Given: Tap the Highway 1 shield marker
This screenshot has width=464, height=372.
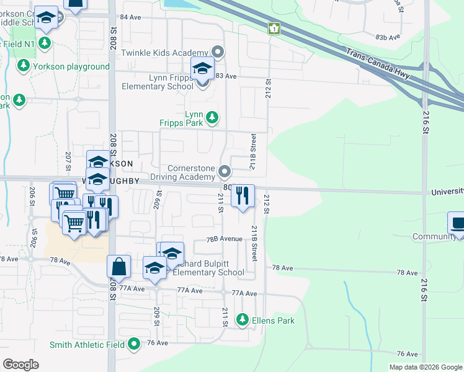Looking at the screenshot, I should [x=274, y=29].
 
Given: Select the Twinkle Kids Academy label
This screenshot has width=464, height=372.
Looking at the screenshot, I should [x=164, y=52].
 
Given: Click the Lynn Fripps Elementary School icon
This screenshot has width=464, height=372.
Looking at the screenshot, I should [x=202, y=69].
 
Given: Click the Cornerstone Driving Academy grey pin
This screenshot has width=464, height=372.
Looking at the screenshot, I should [x=225, y=171].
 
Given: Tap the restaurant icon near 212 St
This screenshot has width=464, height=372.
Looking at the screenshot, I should [x=243, y=196].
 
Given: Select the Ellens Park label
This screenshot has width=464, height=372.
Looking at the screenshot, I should [x=273, y=321].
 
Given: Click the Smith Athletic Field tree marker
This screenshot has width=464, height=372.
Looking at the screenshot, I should [x=135, y=344].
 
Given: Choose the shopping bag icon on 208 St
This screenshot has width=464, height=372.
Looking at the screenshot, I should [x=119, y=267].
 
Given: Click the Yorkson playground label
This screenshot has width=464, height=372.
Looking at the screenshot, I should [x=71, y=66].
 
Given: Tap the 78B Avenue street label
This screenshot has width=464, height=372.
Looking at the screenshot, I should [x=224, y=239].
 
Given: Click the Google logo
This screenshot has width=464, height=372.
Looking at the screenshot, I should [x=20, y=364].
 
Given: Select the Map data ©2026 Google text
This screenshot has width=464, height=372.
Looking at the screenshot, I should [x=425, y=367].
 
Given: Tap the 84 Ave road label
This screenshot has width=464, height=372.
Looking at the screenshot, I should [x=130, y=17].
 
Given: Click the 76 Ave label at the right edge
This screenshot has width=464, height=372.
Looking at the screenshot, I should [x=407, y=353].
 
